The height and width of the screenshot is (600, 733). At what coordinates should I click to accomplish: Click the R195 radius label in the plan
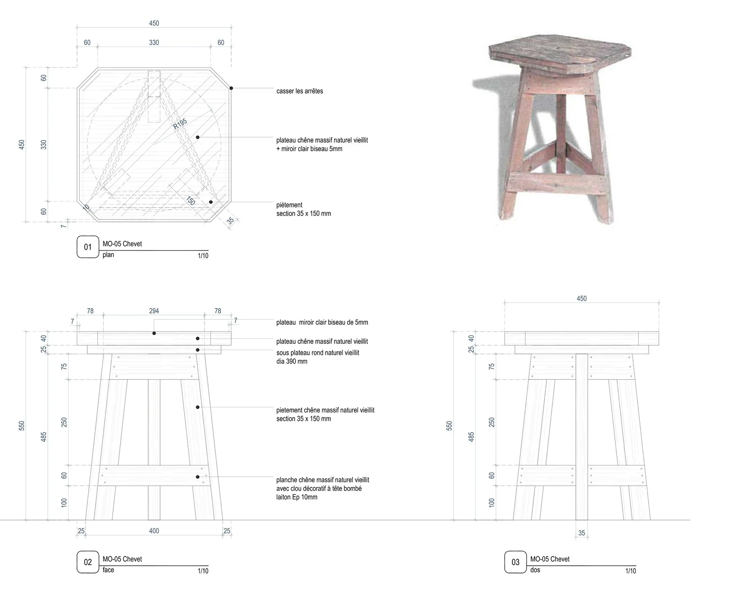click(180, 124)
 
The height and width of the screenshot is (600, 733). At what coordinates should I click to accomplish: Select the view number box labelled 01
click(88, 247)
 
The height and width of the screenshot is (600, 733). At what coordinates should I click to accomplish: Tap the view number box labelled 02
click(88, 562)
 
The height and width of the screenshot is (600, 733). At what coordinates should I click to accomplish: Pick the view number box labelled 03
click(515, 562)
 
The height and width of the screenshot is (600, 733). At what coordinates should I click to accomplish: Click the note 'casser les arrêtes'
click(299, 91)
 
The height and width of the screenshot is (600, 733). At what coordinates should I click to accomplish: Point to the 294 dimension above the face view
click(154, 311)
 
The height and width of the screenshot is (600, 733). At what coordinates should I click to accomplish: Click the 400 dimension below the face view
click(154, 531)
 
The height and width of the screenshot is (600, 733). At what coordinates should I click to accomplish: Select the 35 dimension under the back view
click(581, 533)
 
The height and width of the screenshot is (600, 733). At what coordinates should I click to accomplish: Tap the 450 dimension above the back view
click(581, 299)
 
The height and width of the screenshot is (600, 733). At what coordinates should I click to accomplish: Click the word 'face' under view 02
click(108, 570)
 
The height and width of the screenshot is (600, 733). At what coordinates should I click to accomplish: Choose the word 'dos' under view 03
click(535, 570)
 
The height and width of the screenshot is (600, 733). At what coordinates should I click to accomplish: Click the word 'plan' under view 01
click(108, 255)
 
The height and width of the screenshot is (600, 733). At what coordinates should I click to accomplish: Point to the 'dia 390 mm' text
click(292, 362)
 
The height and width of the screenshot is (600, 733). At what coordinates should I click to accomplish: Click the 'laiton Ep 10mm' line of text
click(296, 497)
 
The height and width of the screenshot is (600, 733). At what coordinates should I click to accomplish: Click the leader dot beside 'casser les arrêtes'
click(231, 88)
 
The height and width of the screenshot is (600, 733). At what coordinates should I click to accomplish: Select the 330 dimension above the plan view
click(154, 42)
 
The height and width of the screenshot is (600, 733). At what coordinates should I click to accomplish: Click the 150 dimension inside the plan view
click(191, 200)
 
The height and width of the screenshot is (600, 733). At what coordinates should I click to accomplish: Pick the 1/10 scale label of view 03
click(631, 571)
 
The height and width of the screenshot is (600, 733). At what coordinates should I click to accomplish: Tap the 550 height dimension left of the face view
click(22, 426)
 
